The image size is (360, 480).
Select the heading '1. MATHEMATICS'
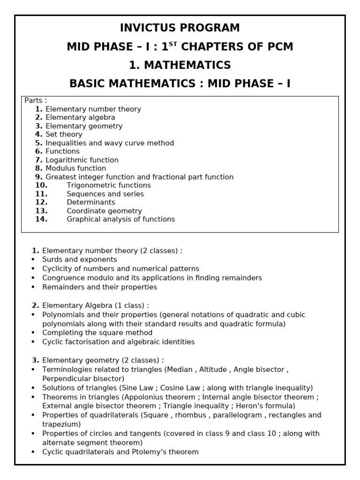[x=180, y=65]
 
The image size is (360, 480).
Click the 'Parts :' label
[x=36, y=100]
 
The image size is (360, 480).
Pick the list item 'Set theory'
[x=64, y=135]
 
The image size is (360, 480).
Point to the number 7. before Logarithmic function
[x=38, y=160]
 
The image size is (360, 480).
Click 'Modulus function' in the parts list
[x=75, y=168]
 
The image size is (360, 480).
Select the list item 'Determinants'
[x=91, y=202]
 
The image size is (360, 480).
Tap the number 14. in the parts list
[x=41, y=219]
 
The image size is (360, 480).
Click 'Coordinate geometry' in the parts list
[x=104, y=210]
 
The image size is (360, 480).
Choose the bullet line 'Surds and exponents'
[x=80, y=260]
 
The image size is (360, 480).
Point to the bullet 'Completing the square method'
[x=97, y=333]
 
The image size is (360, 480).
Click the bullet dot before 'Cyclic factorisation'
[x=33, y=342]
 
